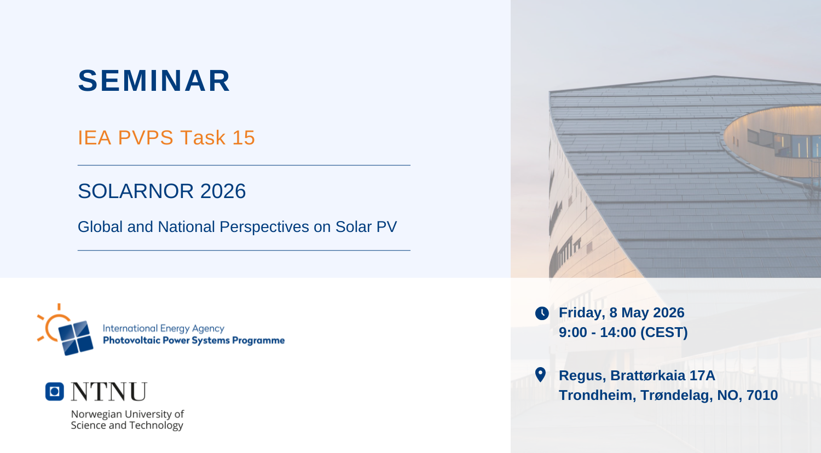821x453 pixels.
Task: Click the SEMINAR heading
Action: click(154, 80)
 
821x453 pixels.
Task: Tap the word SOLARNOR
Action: click(136, 191)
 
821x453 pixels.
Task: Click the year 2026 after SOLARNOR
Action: click(223, 191)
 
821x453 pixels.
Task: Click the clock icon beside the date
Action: click(542, 313)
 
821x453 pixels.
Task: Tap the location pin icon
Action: click(540, 375)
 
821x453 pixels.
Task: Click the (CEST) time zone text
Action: click(664, 333)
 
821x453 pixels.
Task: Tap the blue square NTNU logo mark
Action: click(55, 391)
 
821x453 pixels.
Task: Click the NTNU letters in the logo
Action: click(109, 391)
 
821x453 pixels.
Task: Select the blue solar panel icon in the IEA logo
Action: click(76, 338)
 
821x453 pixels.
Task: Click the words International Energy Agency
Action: click(164, 328)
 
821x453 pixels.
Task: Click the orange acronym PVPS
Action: click(146, 138)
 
